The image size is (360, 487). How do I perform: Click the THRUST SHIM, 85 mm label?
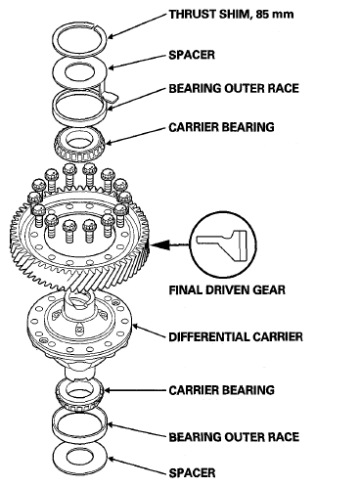coord(231,15)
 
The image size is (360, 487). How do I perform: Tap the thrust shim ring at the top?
coord(58,39)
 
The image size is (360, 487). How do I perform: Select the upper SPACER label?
coord(192,55)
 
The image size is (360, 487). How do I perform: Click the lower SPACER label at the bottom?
coord(192,472)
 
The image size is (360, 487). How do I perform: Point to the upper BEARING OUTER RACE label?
coord(234,88)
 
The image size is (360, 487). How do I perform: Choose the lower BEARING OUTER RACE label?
coord(234,437)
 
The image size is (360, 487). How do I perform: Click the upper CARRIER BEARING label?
coord(221,127)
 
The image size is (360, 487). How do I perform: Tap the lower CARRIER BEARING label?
coord(221,390)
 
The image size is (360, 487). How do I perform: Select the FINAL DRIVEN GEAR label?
coord(227,289)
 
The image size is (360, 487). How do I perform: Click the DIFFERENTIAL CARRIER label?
coord(236,336)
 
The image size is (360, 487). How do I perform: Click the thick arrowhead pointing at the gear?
coord(160,244)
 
